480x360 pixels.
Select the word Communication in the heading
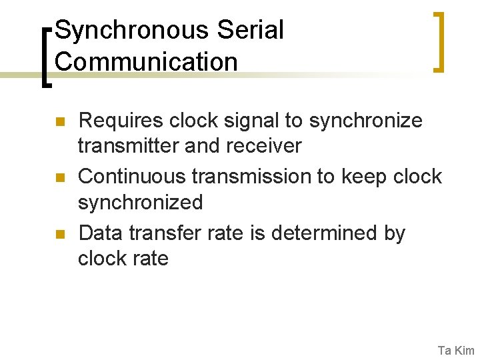[146, 62]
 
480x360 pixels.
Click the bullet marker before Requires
[59, 122]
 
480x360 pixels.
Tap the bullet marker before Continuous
[59, 178]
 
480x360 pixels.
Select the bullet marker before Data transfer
[59, 234]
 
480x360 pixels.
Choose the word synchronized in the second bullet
[140, 202]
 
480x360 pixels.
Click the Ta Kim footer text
[456, 350]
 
